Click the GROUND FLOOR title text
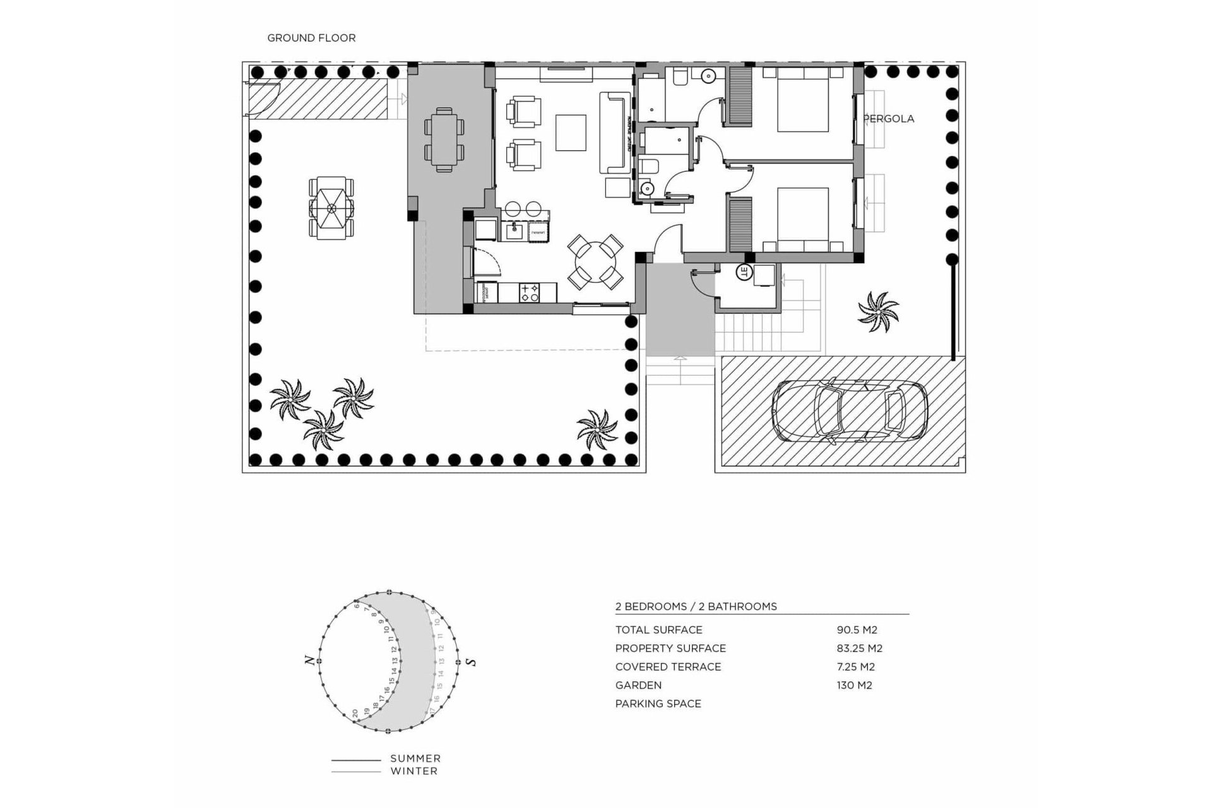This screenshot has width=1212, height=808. [x=311, y=38]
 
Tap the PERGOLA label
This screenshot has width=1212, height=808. [x=889, y=119]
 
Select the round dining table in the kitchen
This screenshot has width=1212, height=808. [x=596, y=261]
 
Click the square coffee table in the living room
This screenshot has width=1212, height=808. [x=571, y=132]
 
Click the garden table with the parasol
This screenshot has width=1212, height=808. [x=331, y=207]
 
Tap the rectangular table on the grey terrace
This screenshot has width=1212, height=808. [x=444, y=139]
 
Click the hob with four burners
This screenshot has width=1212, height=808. [x=528, y=292]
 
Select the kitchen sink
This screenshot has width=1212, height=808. [x=512, y=231]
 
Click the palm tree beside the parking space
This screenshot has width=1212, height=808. [x=878, y=311]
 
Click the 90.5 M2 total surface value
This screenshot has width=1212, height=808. [x=856, y=629]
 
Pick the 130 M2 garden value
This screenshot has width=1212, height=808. [x=854, y=685]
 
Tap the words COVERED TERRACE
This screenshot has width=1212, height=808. [x=668, y=667]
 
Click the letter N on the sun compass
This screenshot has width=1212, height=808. [x=309, y=660]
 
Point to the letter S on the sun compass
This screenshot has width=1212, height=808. [x=471, y=662]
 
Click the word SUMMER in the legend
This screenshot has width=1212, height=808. [x=415, y=758]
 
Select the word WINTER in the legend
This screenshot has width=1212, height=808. [x=413, y=771]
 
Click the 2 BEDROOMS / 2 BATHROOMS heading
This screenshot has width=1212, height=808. [x=696, y=606]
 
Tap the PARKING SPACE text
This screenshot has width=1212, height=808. [x=658, y=703]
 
